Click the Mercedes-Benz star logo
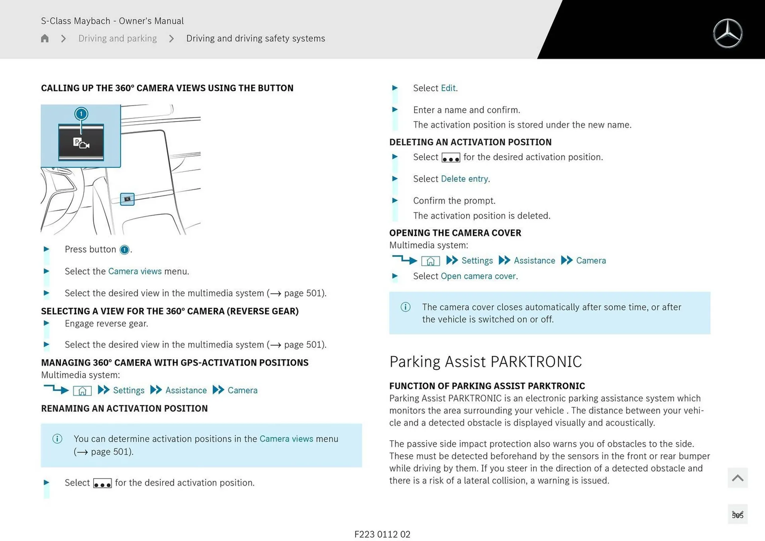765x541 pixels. [728, 33]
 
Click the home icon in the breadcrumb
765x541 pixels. [45, 38]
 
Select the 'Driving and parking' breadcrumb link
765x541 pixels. [118, 38]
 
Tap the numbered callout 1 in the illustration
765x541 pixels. [81, 114]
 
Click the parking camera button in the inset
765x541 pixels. [81, 143]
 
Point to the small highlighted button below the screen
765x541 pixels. [127, 199]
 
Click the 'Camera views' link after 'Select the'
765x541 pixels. [135, 271]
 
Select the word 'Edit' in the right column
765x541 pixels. [448, 88]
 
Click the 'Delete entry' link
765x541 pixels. [464, 179]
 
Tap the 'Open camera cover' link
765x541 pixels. [478, 276]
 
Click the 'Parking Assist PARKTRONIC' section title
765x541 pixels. [485, 362]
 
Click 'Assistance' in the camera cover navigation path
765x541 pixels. [534, 261]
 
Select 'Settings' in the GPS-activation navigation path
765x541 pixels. [128, 390]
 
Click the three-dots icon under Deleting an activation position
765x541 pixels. [451, 158]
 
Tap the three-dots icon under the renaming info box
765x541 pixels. [102, 483]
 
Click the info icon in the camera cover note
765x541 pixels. [405, 307]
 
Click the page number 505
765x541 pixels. [737, 515]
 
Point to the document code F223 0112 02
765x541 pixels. [382, 534]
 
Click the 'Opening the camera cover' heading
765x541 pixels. [455, 233]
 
